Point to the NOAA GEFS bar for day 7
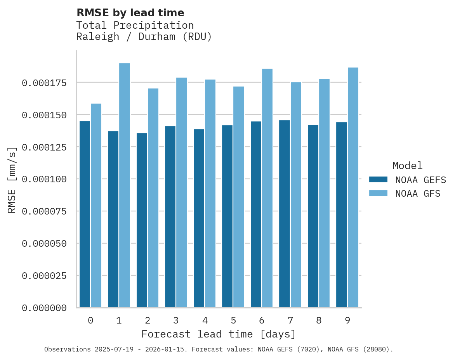(x=285, y=214)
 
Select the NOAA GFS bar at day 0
(x=96, y=206)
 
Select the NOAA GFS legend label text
(x=418, y=194)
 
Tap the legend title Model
(x=407, y=166)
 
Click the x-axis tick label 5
(x=233, y=320)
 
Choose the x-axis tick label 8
(x=319, y=320)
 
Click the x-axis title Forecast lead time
(x=218, y=334)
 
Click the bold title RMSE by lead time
(x=130, y=13)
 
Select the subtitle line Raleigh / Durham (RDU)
(x=144, y=37)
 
